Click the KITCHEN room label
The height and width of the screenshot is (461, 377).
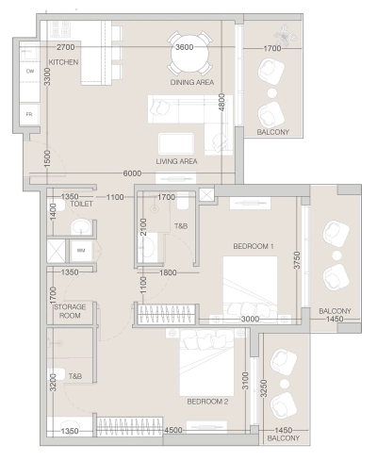click(63, 63)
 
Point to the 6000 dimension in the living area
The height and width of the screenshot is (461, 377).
click(132, 173)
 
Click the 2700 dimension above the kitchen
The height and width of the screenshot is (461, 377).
click(65, 47)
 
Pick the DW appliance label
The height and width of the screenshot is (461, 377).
click(30, 71)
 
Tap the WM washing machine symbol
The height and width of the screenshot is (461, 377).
click(81, 251)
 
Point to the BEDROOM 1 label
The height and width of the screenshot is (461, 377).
click(253, 246)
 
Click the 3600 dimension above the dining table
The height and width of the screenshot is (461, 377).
click(185, 47)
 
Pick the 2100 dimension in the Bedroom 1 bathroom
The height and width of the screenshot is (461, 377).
click(142, 228)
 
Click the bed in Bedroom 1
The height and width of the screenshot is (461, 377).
click(249, 286)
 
